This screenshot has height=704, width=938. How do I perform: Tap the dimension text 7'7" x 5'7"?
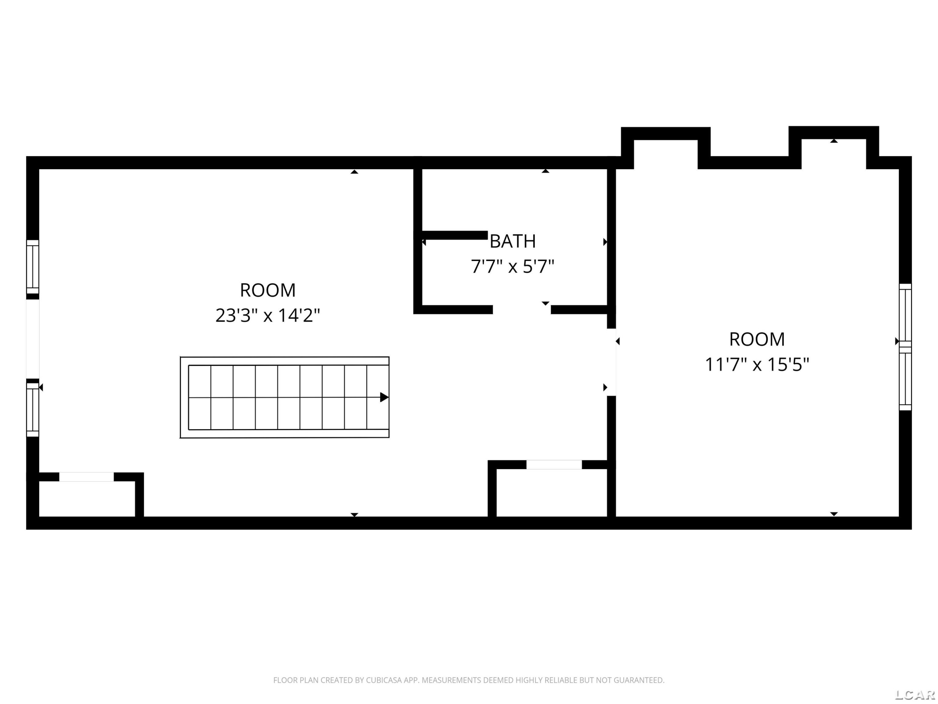pyautogui.click(x=513, y=267)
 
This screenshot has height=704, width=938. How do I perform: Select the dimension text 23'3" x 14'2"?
pyautogui.click(x=268, y=315)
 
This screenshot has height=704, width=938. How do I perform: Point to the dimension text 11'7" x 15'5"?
pyautogui.click(x=757, y=364)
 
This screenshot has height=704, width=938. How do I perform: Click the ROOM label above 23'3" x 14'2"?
pyautogui.click(x=268, y=290)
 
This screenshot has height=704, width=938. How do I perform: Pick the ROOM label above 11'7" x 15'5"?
pyautogui.click(x=757, y=339)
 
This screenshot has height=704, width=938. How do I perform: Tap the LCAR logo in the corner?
pyautogui.click(x=915, y=694)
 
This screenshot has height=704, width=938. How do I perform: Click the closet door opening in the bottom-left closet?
pyautogui.click(x=87, y=477)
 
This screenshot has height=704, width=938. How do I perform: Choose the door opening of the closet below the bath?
pyautogui.click(x=554, y=465)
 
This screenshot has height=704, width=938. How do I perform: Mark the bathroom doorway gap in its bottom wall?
pyautogui.click(x=522, y=310)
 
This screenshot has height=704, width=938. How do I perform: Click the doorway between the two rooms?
pyautogui.click(x=612, y=362)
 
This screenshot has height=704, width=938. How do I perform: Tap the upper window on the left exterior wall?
pyautogui.click(x=33, y=267)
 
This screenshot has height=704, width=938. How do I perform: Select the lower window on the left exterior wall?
pyautogui.click(x=33, y=410)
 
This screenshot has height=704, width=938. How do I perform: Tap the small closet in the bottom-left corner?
pyautogui.click(x=87, y=499)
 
